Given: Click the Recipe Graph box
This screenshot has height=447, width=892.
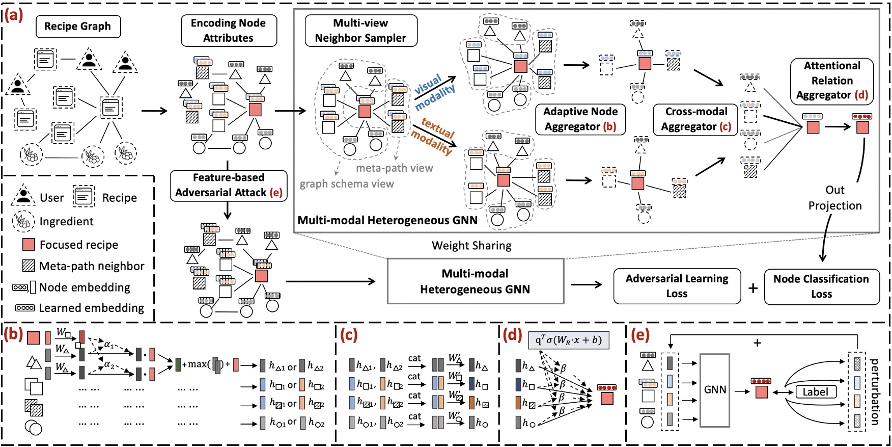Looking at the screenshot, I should (x=78, y=27).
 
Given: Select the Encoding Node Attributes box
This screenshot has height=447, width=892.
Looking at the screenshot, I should (x=229, y=31).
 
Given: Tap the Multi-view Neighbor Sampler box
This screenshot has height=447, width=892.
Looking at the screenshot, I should (x=360, y=31).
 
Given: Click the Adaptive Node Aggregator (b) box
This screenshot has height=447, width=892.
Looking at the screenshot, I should (x=580, y=119).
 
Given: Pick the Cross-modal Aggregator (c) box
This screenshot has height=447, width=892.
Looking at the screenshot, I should (x=696, y=119).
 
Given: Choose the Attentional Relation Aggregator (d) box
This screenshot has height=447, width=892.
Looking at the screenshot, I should (x=831, y=81).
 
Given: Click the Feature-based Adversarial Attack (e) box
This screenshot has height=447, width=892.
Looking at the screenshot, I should (x=229, y=186).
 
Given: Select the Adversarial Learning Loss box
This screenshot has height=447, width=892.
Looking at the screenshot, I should (x=677, y=286).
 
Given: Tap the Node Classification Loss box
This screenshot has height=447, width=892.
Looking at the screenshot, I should (x=821, y=286).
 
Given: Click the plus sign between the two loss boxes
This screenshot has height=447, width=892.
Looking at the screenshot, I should (x=752, y=288).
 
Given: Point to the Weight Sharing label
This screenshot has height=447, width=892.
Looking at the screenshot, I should (x=471, y=246).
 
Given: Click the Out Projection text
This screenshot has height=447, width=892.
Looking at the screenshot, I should (x=835, y=198).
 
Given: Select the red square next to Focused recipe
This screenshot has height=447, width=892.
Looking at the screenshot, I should (x=29, y=245).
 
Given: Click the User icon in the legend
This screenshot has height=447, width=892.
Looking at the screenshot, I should (x=23, y=196).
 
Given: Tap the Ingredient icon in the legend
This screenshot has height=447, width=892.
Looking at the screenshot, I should (x=22, y=221).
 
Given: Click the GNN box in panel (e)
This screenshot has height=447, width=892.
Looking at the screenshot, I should (x=715, y=390).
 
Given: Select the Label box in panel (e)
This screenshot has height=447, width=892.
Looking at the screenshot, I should (x=815, y=392).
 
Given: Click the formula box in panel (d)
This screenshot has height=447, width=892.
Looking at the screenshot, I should (x=568, y=340).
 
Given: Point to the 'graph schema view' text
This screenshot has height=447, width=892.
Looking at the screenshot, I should (x=347, y=184).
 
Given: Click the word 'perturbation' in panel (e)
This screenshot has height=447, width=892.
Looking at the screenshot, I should (x=875, y=391).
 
